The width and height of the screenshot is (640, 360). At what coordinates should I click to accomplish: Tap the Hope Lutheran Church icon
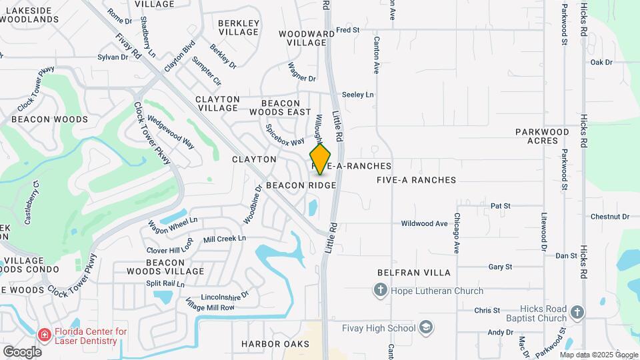(380, 289)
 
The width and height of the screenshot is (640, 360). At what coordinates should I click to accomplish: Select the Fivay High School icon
(426, 327)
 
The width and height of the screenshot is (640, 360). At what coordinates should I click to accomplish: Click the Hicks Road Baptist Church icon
(577, 311)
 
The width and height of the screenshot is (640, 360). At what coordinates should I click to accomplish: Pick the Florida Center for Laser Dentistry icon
(45, 333)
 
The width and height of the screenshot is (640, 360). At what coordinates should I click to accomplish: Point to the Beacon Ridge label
(301, 185)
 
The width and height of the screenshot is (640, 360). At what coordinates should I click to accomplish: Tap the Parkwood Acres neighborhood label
(542, 137)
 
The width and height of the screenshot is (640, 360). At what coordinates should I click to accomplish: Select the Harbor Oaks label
(275, 344)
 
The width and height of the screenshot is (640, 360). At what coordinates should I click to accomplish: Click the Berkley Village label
(238, 27)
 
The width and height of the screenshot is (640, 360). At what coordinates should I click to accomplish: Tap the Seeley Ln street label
(357, 95)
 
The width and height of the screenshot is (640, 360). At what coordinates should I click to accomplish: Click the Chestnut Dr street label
(609, 217)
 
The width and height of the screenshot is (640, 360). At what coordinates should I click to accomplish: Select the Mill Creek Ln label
(225, 239)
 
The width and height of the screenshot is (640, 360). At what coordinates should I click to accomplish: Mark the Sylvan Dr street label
(112, 57)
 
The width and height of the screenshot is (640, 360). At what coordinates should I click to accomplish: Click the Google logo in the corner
(22, 351)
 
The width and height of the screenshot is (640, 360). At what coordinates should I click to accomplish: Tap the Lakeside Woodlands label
(33, 15)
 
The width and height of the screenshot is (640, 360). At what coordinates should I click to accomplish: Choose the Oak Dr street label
(601, 63)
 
